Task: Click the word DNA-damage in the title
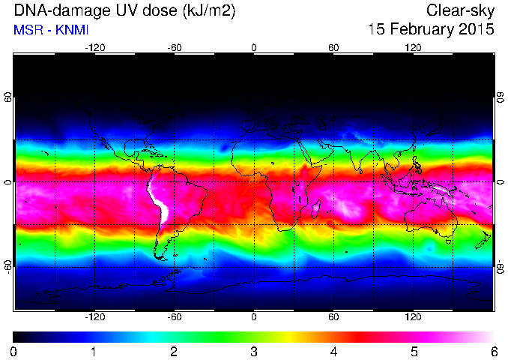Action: pyautogui.click(x=61, y=10)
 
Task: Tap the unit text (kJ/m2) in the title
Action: pyautogui.click(x=209, y=11)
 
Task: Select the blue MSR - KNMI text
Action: pyautogui.click(x=51, y=30)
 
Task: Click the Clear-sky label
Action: pyautogui.click(x=460, y=11)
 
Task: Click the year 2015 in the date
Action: pyautogui.click(x=480, y=28)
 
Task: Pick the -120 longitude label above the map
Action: pyautogui.click(x=95, y=48)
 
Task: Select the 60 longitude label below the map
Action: pyautogui.click(x=333, y=316)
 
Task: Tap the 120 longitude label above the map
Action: pyautogui.click(x=413, y=48)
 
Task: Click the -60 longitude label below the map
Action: pyautogui.click(x=175, y=316)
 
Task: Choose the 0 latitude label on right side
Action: pyautogui.click(x=501, y=182)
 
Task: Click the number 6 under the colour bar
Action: pyautogui.click(x=494, y=352)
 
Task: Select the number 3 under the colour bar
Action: pyautogui.click(x=254, y=352)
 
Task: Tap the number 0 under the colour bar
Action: pyautogui.click(x=13, y=352)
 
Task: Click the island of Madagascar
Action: pyautogui.click(x=316, y=208)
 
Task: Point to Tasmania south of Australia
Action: pyautogui.click(x=448, y=241)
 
